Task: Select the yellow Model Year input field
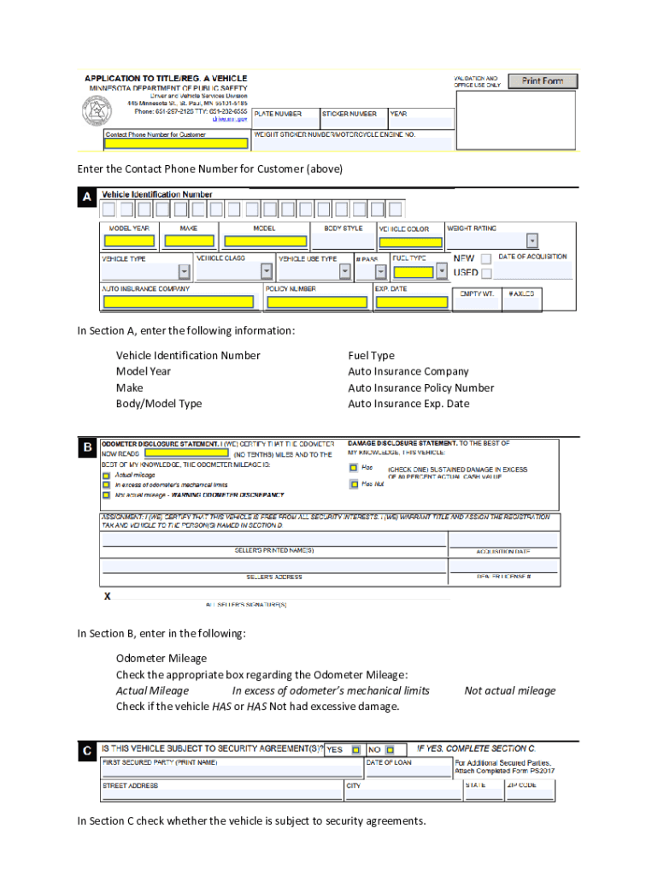pyautogui.click(x=129, y=241)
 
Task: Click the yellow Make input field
pyautogui.click(x=189, y=241)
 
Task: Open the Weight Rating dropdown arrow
pyautogui.click(x=532, y=240)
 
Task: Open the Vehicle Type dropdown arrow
pyautogui.click(x=184, y=272)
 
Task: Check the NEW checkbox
pyautogui.click(x=486, y=257)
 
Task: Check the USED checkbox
pyautogui.click(x=486, y=274)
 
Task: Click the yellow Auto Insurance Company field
pyautogui.click(x=178, y=302)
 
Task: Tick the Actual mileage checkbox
pyautogui.click(x=107, y=475)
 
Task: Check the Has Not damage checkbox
pyautogui.click(x=354, y=484)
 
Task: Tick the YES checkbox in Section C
pyautogui.click(x=355, y=749)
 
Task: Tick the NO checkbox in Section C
pyautogui.click(x=389, y=749)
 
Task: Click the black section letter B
pyautogui.click(x=87, y=447)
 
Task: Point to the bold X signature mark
pyautogui.click(x=107, y=595)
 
